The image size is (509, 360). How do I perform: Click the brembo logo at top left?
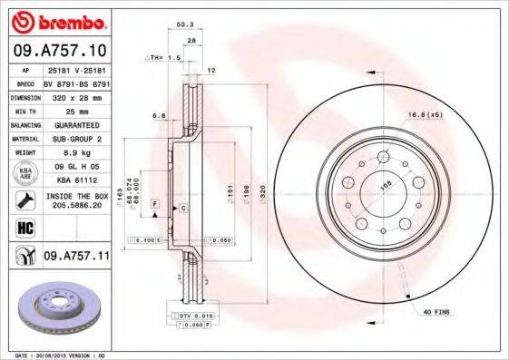(57, 20)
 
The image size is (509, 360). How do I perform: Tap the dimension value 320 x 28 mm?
(75, 95)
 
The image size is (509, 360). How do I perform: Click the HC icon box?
(24, 227)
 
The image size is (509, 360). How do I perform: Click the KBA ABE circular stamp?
(24, 174)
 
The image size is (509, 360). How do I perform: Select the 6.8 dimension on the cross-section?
(159, 115)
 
